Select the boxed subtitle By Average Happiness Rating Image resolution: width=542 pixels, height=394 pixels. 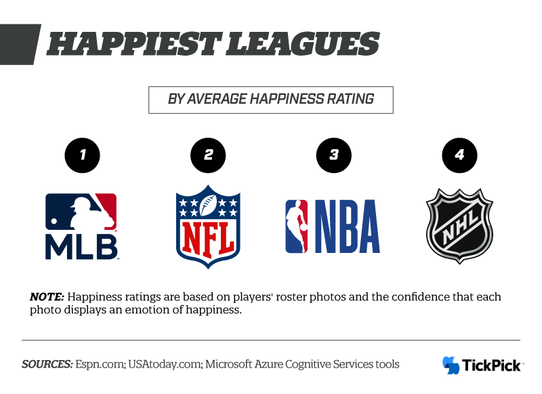coord(271,99)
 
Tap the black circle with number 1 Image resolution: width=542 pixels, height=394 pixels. coord(81,155)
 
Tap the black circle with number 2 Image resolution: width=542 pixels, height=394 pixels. coord(208,155)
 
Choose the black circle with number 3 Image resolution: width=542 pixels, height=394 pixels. coord(334,155)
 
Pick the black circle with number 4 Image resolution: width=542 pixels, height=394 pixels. coord(460,155)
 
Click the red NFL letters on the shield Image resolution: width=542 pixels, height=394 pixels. coord(208,235)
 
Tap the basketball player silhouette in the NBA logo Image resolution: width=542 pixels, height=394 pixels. coord(297,226)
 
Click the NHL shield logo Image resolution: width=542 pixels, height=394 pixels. coord(460,226)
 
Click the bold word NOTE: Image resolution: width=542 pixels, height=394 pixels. coord(47,297)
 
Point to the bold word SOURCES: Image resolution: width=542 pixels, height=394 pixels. coord(47,364)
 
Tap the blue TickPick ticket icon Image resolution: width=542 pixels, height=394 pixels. coord(451,365)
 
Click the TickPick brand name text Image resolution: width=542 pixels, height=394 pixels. coord(492,366)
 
